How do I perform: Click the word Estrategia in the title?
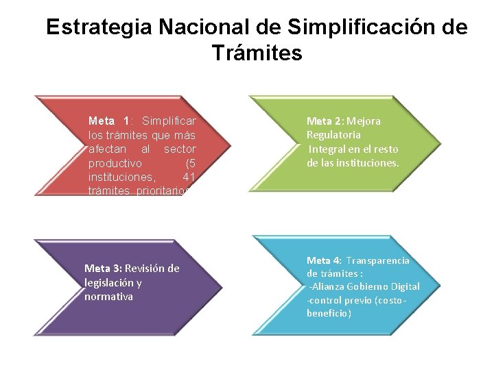[x=99, y=28]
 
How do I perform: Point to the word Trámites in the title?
[x=257, y=53]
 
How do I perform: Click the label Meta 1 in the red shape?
[x=109, y=121]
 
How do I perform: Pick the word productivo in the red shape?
[x=115, y=163]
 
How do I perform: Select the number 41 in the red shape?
[x=189, y=177]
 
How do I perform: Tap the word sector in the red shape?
[x=180, y=149]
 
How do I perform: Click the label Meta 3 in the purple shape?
[x=103, y=269]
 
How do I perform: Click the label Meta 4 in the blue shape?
[x=323, y=260]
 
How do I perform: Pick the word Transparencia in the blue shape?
[x=377, y=260]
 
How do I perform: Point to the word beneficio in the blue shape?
[x=328, y=313]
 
